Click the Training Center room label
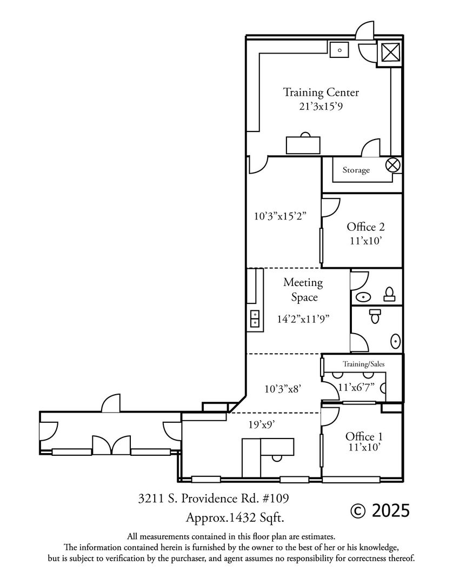(321, 92)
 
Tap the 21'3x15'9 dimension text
(321, 107)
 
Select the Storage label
(356, 170)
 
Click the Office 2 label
(365, 227)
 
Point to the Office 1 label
(364, 436)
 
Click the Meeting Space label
(304, 290)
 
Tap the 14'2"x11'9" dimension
(303, 319)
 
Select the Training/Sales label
(364, 364)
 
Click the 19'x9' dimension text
(262, 424)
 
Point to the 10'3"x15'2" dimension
(280, 216)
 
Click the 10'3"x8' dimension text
(283, 389)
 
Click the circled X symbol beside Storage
(392, 164)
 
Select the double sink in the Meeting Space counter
(255, 319)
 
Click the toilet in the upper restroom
(390, 294)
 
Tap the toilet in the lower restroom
(375, 316)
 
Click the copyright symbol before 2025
(358, 510)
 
